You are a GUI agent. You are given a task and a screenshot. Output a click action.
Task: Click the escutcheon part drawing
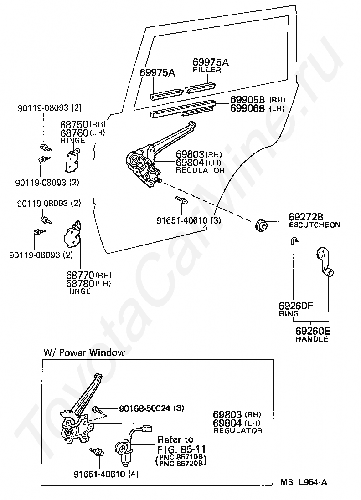click(x=262, y=225)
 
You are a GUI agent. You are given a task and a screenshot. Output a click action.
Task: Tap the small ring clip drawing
click(x=294, y=240)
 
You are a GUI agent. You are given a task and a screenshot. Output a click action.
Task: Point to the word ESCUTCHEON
click(x=315, y=225)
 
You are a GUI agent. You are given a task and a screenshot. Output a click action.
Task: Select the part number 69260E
click(x=313, y=331)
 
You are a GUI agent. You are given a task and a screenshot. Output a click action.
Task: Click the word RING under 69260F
click(x=289, y=314)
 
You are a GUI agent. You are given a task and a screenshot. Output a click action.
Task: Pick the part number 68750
click(x=74, y=124)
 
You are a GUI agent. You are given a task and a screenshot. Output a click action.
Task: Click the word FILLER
click(x=207, y=70)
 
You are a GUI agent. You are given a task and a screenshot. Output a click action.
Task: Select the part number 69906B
click(x=248, y=108)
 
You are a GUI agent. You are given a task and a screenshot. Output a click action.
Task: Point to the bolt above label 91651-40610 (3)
click(x=182, y=200)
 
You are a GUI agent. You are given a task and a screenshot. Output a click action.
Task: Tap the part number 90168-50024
click(x=144, y=408)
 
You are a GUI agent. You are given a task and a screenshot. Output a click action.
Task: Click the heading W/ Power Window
click(x=84, y=352)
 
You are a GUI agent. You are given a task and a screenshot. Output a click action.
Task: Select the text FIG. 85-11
click(x=181, y=449)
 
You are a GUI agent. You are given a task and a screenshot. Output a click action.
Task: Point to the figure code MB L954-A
click(x=304, y=482)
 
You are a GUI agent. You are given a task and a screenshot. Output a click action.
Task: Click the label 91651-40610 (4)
click(x=106, y=474)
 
